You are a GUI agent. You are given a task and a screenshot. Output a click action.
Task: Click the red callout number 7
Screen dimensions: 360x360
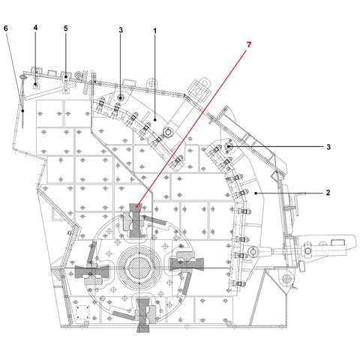click(249, 45)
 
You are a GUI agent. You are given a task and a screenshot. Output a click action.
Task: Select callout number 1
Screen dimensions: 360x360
click(155, 31)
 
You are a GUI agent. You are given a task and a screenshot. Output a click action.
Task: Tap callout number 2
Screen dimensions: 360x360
click(328, 193)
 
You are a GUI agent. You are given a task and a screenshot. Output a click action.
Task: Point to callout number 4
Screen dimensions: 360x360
click(35, 28)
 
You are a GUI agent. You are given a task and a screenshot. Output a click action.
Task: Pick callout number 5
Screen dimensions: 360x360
click(66, 28)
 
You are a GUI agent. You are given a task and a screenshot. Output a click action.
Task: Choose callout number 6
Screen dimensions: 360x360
click(6, 28)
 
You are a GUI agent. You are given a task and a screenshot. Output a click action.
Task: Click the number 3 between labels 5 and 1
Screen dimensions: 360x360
click(121, 30)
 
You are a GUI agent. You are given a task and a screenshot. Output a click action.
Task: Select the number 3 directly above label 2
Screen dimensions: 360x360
click(328, 147)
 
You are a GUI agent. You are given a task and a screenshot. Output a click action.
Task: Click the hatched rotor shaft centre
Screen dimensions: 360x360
click(139, 268)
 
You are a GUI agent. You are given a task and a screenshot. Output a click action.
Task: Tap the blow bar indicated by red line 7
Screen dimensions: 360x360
click(136, 220)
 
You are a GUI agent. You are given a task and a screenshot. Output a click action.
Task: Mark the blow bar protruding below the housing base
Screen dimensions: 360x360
click(143, 315)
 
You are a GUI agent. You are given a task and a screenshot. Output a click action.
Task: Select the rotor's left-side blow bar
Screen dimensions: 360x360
click(92, 271)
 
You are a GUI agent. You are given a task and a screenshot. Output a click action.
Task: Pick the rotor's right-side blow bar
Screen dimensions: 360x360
click(187, 265)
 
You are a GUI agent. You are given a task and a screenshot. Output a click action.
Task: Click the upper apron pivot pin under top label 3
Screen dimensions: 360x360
click(121, 98)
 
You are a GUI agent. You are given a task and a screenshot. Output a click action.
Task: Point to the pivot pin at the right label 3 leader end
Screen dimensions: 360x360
click(228, 147)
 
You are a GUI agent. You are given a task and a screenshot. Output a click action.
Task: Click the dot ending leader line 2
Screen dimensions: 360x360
click(256, 193)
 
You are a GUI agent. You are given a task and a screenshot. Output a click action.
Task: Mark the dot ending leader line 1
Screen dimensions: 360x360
click(155, 120)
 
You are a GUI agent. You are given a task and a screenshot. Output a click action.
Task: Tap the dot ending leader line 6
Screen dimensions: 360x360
click(22, 111)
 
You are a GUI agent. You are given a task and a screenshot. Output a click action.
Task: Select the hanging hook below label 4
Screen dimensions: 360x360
click(36, 80)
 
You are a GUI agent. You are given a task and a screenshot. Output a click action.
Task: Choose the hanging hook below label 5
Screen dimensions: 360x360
click(66, 84)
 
